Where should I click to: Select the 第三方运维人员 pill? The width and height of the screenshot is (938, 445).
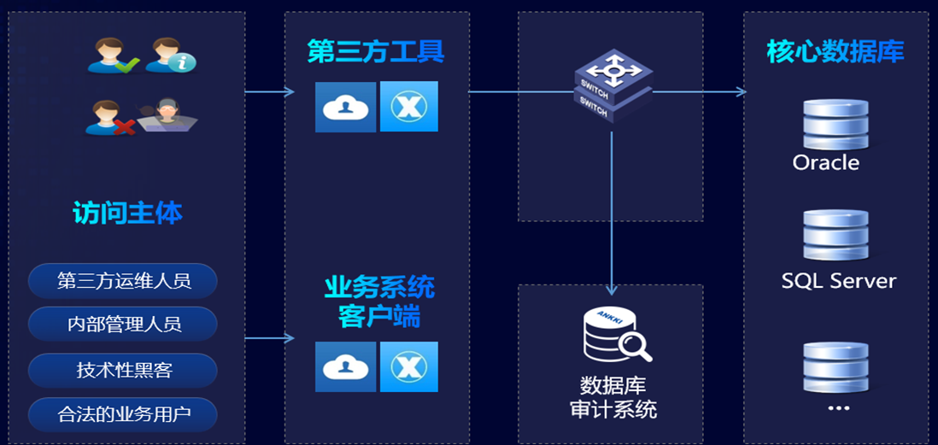point(123,280)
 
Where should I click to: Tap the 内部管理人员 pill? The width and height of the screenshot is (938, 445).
point(123,325)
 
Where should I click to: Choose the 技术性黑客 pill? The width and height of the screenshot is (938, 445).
point(123,370)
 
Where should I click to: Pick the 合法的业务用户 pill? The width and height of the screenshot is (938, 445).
point(123,415)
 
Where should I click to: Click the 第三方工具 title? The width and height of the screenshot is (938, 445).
point(376,52)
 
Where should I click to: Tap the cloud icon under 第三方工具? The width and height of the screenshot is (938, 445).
point(345,107)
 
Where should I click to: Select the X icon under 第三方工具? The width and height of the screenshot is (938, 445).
point(408,107)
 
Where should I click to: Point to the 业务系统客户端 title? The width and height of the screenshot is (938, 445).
point(378,301)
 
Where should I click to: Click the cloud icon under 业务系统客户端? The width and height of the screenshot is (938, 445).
point(345,366)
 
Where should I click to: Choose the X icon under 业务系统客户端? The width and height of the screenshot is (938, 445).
point(408,366)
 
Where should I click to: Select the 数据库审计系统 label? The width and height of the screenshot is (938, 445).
point(613,395)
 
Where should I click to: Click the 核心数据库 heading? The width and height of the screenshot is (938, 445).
point(835,52)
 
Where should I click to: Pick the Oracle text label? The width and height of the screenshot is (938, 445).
point(825,162)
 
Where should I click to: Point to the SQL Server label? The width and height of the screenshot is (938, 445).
point(838,280)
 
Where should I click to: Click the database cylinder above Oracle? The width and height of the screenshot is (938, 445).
point(835,125)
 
